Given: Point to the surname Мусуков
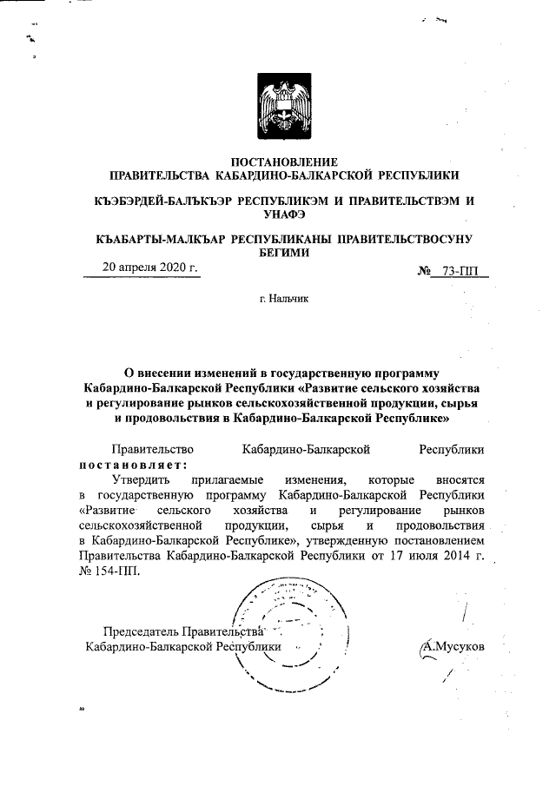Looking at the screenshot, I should click(453, 647).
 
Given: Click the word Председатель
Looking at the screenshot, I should click(143, 631).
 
